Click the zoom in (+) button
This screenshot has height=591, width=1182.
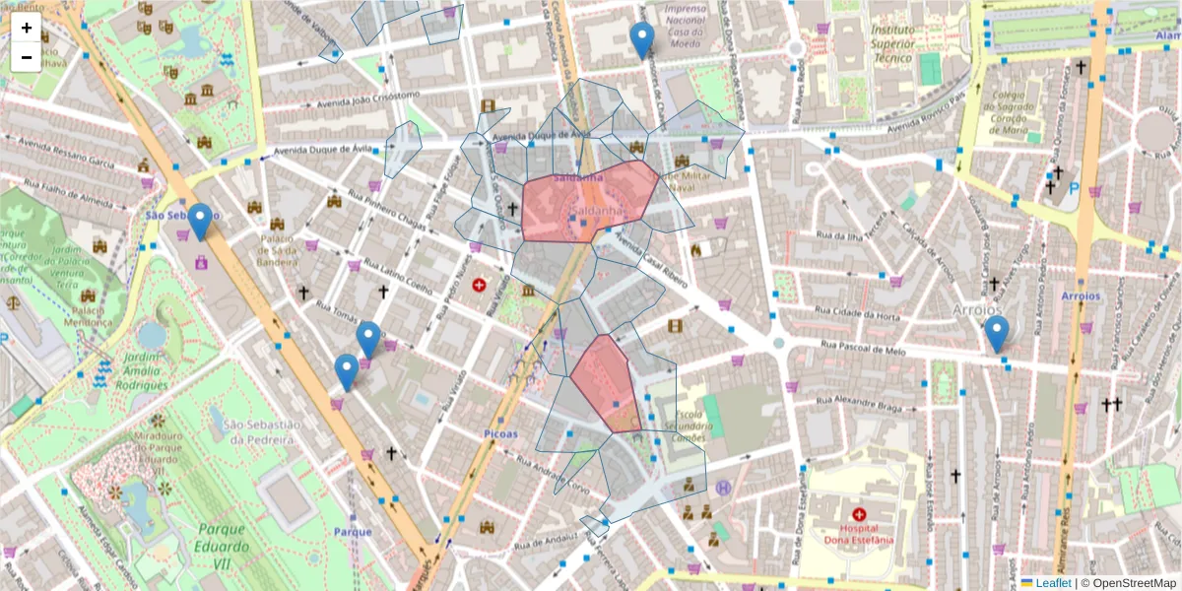point(27,28)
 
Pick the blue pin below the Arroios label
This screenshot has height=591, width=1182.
point(997,333)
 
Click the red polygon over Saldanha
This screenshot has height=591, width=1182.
point(588,202)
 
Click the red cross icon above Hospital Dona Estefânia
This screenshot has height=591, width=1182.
point(858,514)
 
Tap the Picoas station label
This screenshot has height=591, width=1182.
point(501,433)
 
